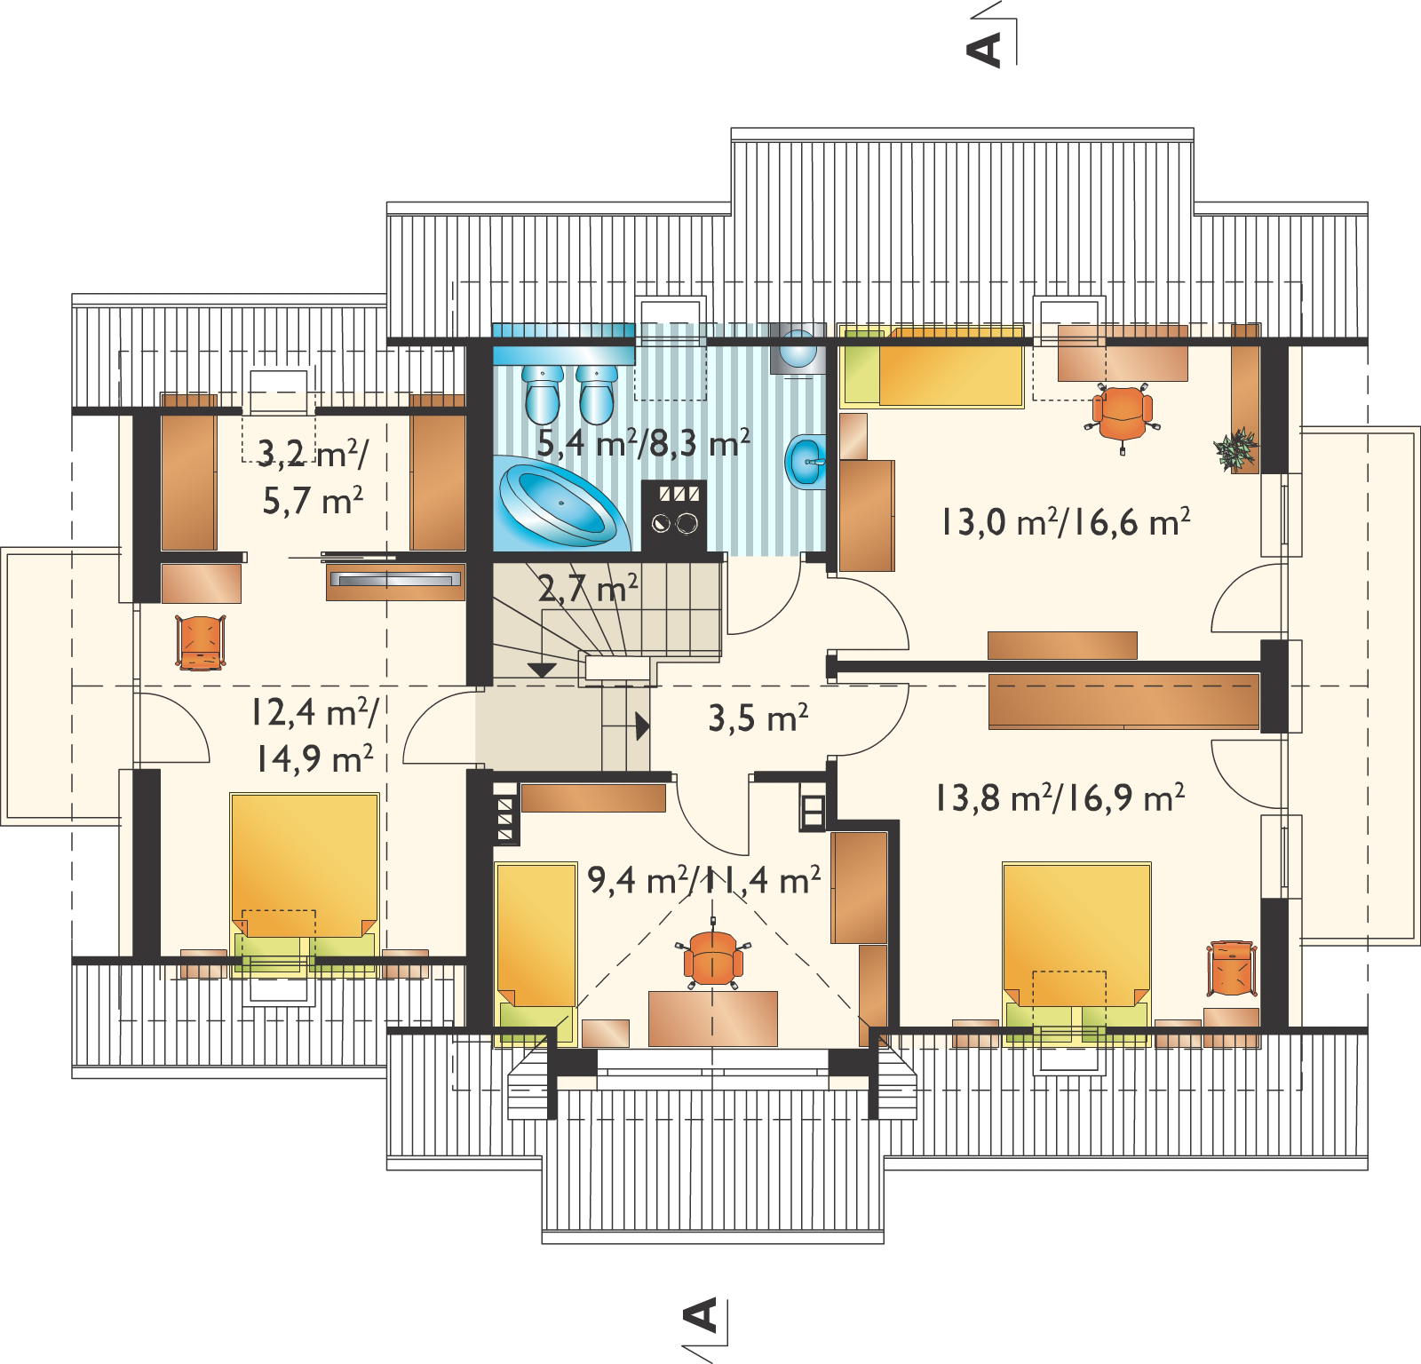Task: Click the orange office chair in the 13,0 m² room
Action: coord(1123,413)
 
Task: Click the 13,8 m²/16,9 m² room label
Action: coord(1059,797)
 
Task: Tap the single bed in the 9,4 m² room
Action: coord(535,952)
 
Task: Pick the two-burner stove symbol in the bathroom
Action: coord(675,517)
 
